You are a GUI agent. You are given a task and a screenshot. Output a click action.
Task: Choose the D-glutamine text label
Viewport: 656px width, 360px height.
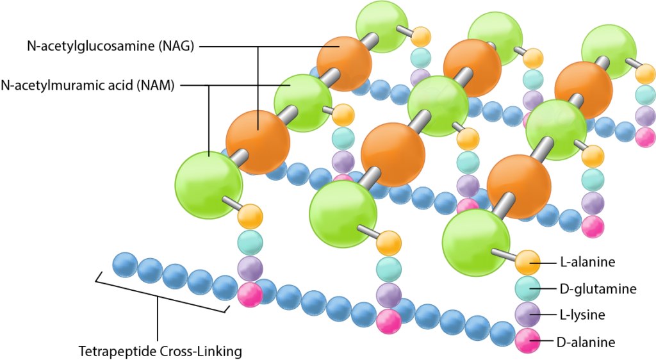click(x=598, y=289)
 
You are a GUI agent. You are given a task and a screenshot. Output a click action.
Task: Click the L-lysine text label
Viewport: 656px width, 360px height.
click(x=582, y=315)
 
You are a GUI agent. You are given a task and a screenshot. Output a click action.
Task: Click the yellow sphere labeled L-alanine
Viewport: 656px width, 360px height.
click(x=529, y=261)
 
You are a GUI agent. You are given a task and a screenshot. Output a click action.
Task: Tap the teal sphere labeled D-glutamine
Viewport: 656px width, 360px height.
click(x=529, y=288)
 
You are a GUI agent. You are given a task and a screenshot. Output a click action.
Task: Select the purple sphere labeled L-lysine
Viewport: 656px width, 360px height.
click(x=529, y=315)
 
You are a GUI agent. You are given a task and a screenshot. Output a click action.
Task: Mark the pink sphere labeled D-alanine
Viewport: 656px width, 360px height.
click(x=529, y=341)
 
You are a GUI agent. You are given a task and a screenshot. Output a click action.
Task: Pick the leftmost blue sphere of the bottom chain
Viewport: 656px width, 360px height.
click(x=125, y=265)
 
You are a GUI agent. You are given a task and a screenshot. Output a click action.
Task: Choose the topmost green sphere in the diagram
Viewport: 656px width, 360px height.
click(x=382, y=25)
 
